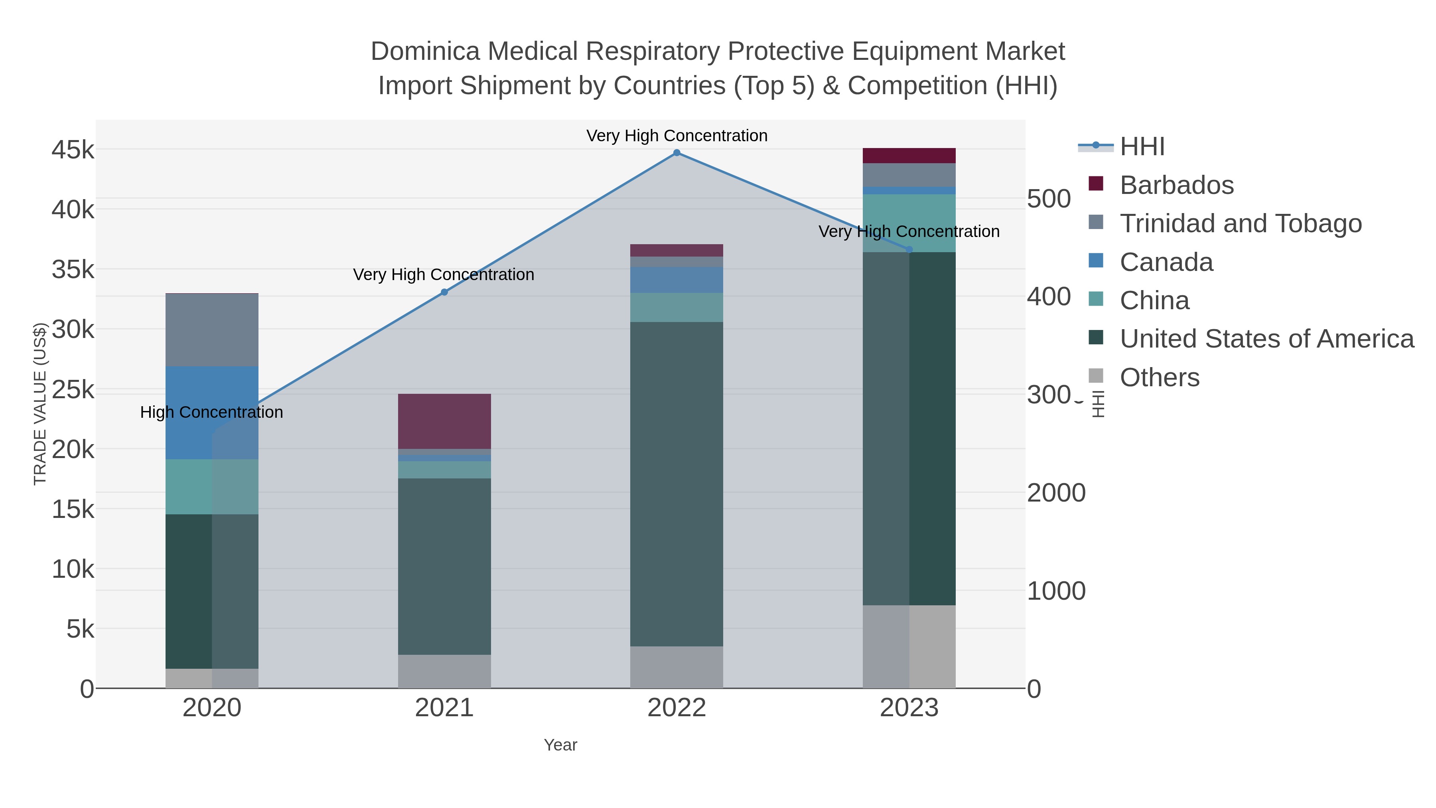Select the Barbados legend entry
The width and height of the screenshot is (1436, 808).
[1176, 185]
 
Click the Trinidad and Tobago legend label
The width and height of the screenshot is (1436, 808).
[1240, 223]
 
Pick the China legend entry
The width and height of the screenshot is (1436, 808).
[1154, 300]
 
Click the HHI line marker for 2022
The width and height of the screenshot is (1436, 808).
[677, 153]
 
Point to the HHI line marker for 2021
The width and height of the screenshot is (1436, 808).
[444, 292]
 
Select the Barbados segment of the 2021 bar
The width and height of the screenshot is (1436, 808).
[444, 421]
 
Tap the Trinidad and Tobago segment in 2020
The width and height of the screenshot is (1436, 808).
[212, 330]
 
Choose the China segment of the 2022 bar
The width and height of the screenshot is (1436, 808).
[677, 307]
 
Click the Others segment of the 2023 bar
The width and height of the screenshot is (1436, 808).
[909, 646]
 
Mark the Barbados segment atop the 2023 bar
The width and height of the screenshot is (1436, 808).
[909, 156]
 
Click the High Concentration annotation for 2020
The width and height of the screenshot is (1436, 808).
[211, 412]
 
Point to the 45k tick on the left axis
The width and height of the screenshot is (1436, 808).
[73, 150]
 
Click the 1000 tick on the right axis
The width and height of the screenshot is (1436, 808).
[1056, 591]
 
